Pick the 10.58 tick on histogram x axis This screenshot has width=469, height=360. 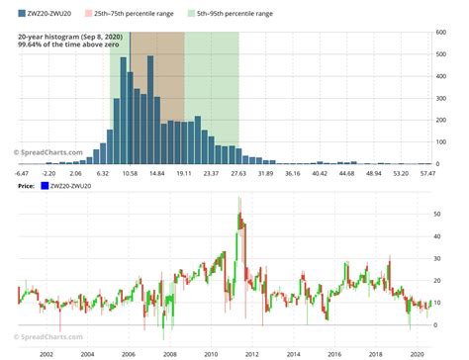click(130, 173)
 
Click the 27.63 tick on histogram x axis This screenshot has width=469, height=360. click(237, 173)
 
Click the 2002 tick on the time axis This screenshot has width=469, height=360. click(46, 351)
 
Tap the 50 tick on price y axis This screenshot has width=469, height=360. click(440, 213)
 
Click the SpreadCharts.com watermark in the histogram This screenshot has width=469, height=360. click(46, 152)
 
